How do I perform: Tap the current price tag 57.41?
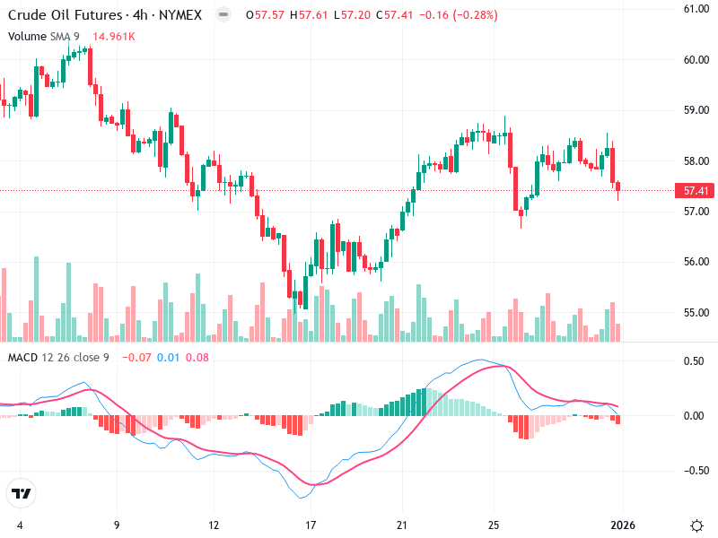pos(697,191)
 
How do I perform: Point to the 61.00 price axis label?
pos(696,9)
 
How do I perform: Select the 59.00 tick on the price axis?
pos(696,110)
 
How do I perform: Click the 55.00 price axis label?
pos(696,313)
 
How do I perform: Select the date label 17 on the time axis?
pos(311,525)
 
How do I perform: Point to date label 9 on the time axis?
pos(117,525)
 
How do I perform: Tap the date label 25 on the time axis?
pos(494,525)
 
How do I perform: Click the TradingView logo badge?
pos(21,493)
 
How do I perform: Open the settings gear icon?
pos(696,525)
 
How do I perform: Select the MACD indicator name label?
pos(22,358)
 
